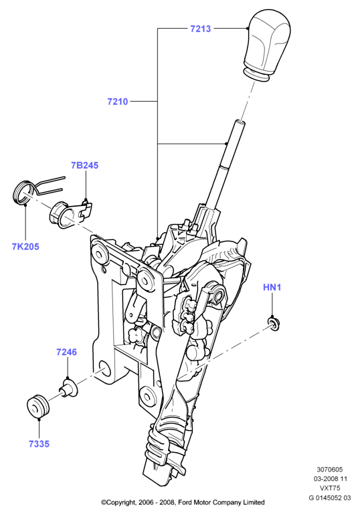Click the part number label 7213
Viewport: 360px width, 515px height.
(200, 29)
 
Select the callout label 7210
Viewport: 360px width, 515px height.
(117, 102)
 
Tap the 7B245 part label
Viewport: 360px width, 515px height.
(85, 165)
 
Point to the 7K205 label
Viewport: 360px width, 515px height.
(25, 247)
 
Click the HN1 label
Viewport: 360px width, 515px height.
(272, 288)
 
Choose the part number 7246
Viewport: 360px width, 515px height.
(66, 352)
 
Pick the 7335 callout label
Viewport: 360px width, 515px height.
(39, 444)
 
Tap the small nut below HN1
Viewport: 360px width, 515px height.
(273, 324)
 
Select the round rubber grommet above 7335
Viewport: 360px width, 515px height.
(37, 407)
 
